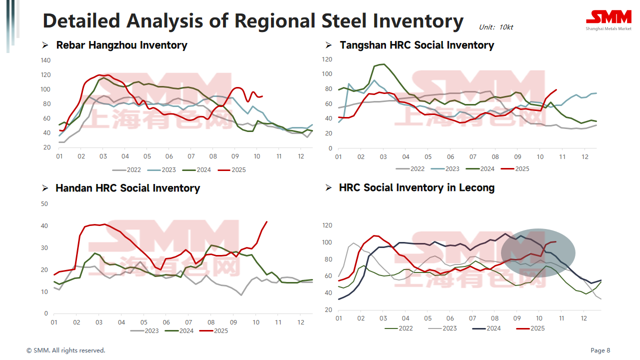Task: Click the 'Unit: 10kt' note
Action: coord(495,27)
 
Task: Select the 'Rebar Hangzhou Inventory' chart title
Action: coord(121,45)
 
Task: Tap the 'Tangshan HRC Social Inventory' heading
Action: coord(416,45)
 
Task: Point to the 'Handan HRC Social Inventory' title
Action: coord(127,188)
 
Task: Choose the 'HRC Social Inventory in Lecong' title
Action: coord(416,188)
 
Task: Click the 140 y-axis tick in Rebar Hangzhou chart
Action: coord(46,60)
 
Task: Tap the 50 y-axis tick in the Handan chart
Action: coord(44,204)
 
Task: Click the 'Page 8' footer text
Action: coord(600,350)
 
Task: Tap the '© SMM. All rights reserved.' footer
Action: coord(66,350)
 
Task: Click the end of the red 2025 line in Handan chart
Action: coord(267,221)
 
